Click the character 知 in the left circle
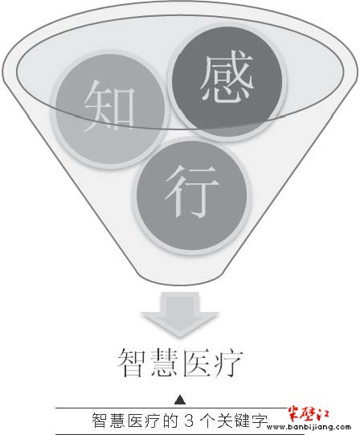point(109,105)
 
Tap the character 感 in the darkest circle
point(227,76)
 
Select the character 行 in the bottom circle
point(191,191)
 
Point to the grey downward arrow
point(180,314)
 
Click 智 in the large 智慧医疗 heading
point(133,363)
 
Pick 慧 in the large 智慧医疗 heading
point(165,363)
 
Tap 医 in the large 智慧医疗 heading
point(197,363)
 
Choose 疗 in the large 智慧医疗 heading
point(228,363)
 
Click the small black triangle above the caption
point(180,400)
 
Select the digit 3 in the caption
point(189,421)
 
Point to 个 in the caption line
point(206,421)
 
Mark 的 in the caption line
point(170,421)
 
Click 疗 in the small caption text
point(153,421)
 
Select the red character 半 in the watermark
point(294,414)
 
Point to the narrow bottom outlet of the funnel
point(180,280)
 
